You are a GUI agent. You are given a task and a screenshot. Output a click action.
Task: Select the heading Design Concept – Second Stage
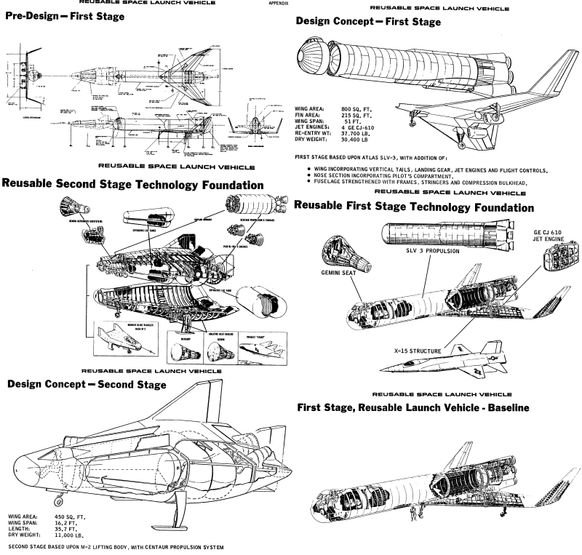click(87, 384)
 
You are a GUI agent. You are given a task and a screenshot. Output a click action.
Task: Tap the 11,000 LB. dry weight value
click(68, 535)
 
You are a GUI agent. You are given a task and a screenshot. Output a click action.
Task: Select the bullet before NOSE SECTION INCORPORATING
click(300, 175)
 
